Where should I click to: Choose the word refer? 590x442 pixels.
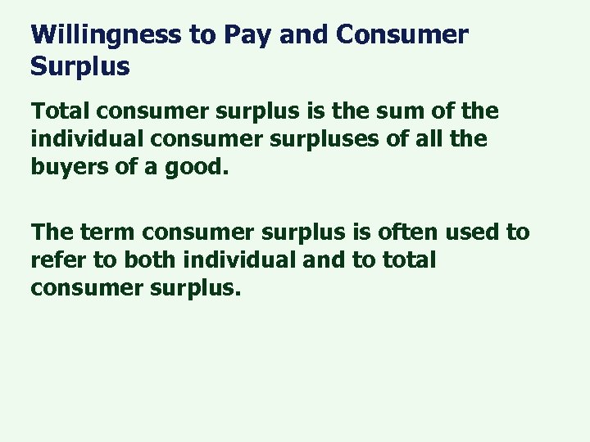pyautogui.click(x=58, y=260)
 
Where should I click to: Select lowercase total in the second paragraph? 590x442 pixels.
pyautogui.click(x=411, y=260)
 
